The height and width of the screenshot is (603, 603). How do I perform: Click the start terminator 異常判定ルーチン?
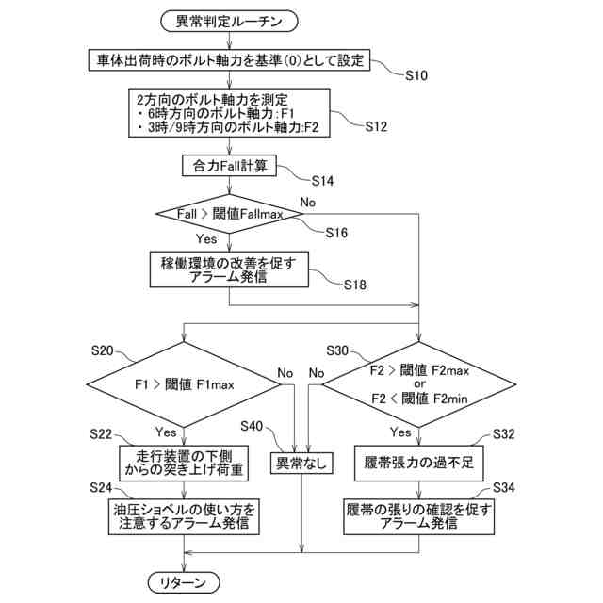[x=229, y=20]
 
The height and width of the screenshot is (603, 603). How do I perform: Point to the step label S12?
[x=377, y=125]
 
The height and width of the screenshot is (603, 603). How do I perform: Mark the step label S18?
[x=354, y=284]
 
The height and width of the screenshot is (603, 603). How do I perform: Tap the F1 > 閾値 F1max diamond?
[x=182, y=384]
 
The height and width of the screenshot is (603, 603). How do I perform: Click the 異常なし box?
[x=301, y=463]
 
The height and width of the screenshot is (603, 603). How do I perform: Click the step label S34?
[x=504, y=487]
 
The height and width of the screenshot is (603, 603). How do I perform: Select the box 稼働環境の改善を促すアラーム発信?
[x=231, y=269]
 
